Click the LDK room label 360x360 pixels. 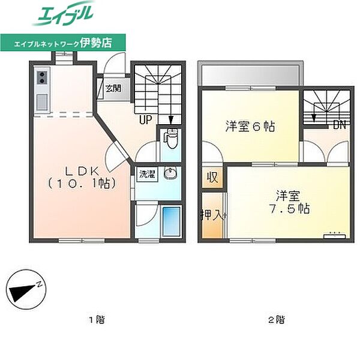(82, 171)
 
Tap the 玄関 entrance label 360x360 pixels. (113, 88)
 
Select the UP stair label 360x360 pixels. (146, 119)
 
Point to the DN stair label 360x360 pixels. (340, 125)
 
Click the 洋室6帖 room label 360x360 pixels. (250, 126)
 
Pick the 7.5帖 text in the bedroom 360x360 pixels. (290, 209)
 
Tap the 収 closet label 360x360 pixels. (212, 177)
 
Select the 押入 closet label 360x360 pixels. (211, 215)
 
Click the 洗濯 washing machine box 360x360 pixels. (147, 175)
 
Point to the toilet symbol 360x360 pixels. (170, 139)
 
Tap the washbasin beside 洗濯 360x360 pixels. (170, 173)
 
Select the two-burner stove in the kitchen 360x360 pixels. (42, 77)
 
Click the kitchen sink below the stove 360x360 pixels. (42, 102)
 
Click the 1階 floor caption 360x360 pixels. (97, 319)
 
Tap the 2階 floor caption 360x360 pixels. (277, 319)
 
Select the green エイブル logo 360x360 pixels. (62, 14)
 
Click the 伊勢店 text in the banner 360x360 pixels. (96, 43)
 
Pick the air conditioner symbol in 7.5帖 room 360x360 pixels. (335, 236)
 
